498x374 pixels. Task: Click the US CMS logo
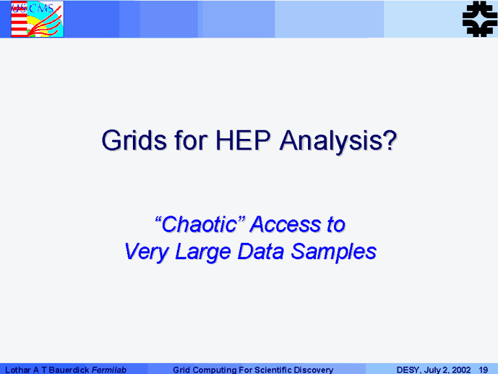(x=37, y=19)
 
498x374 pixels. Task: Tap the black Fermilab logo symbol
(x=480, y=18)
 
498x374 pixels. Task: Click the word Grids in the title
(x=134, y=140)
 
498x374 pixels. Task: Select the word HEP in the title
(x=243, y=140)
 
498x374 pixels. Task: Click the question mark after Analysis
(x=390, y=140)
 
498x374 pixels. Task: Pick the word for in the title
(x=191, y=140)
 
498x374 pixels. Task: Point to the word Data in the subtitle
(x=261, y=251)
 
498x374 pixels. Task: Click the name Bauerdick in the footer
(x=69, y=370)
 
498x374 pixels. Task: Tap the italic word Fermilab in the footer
(x=109, y=370)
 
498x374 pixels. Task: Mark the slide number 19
(x=483, y=370)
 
